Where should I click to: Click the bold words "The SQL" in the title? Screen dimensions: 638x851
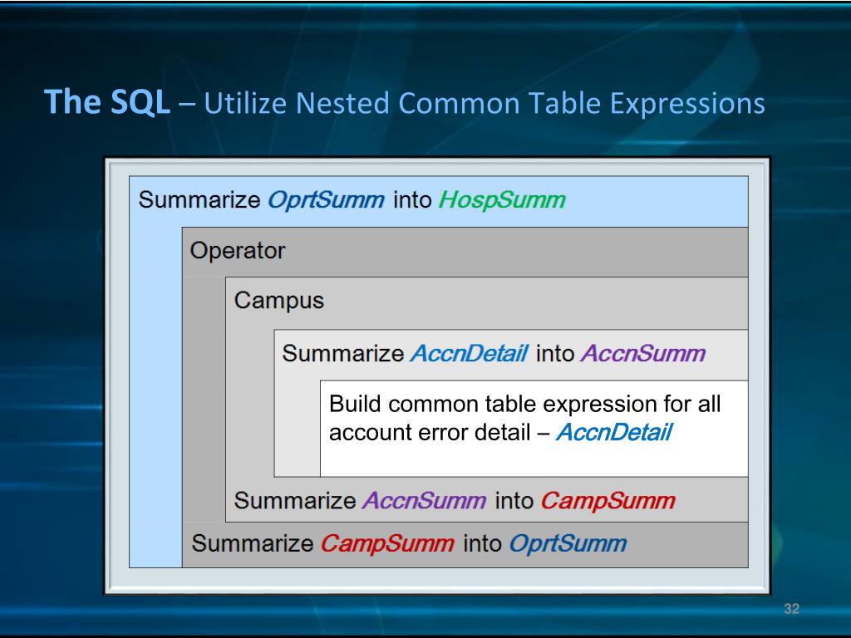click(x=106, y=103)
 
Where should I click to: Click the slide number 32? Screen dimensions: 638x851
click(x=791, y=610)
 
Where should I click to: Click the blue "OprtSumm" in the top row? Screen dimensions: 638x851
click(x=327, y=200)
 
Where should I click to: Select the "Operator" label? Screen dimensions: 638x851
click(x=237, y=250)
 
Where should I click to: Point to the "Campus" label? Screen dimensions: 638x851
click(x=278, y=300)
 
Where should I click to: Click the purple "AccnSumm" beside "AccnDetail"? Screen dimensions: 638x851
click(x=642, y=353)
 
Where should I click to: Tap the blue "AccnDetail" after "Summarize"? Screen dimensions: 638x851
click(x=469, y=353)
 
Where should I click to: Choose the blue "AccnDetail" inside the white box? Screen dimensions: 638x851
click(x=612, y=433)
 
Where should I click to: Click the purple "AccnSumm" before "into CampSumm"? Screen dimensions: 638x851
click(x=425, y=501)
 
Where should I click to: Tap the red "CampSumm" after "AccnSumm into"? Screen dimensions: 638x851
click(x=608, y=501)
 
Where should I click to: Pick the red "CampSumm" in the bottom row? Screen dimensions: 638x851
click(x=387, y=544)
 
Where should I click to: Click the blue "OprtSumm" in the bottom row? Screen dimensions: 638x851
click(x=567, y=544)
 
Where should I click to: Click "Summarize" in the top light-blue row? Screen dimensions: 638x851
click(x=199, y=200)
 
